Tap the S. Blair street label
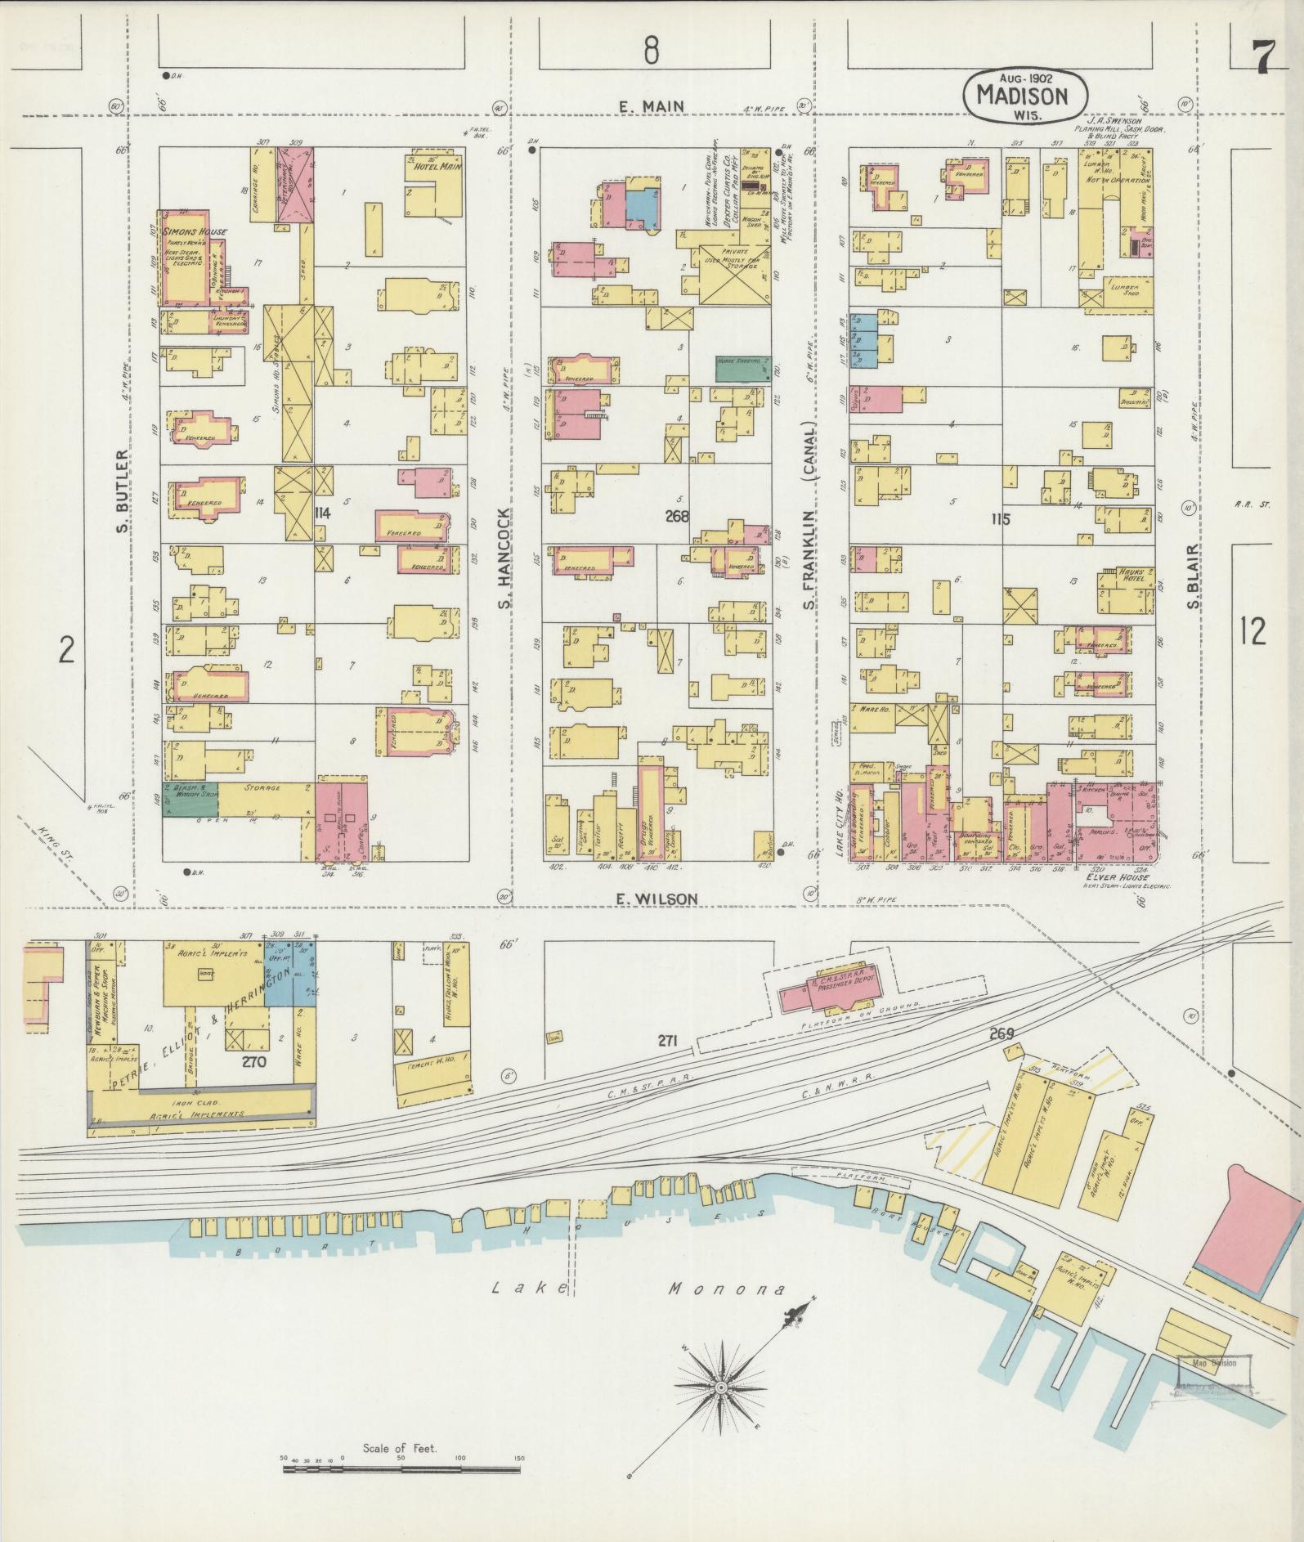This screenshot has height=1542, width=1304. click(x=1194, y=577)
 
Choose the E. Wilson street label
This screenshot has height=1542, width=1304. click(x=656, y=899)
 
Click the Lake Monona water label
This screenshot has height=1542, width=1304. click(x=638, y=1289)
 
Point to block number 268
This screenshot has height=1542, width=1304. click(x=677, y=516)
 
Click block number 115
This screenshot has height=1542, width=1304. click(x=999, y=518)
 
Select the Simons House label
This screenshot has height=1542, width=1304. click(x=196, y=232)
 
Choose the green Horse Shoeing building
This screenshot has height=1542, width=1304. click(x=744, y=369)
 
